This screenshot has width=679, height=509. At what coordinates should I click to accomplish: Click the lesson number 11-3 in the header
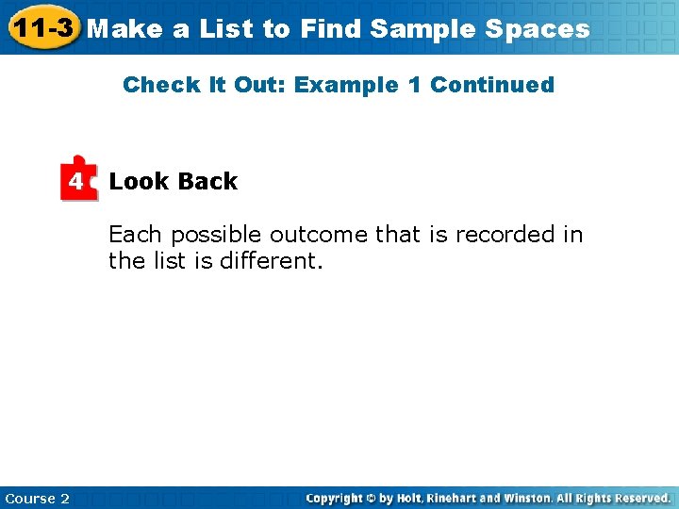click(x=41, y=27)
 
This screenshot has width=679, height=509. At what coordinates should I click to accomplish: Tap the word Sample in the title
click(x=422, y=28)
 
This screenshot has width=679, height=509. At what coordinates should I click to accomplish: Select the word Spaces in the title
click(x=538, y=28)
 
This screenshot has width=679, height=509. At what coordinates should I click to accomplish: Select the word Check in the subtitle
click(x=156, y=85)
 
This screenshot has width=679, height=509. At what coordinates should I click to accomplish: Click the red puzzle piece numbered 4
click(x=79, y=179)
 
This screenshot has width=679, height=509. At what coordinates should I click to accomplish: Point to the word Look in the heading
click(x=139, y=182)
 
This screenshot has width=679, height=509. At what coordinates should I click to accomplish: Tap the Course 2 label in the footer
click(x=37, y=498)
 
